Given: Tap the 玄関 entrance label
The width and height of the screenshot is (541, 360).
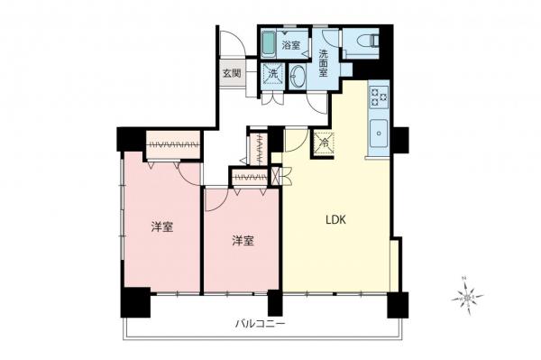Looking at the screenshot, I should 231,73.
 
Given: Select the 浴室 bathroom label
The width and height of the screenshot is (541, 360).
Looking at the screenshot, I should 290,44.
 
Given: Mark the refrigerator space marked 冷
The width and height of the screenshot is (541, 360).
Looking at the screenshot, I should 323,141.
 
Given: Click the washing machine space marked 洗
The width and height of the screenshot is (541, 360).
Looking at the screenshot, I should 273,75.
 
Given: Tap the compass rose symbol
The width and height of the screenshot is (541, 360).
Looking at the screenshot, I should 467,295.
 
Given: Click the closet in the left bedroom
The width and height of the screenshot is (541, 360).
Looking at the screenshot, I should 172,145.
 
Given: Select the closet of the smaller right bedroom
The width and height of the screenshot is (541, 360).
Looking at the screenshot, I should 247,176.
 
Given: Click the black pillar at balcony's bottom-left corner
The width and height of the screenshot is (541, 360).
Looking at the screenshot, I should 133,301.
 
